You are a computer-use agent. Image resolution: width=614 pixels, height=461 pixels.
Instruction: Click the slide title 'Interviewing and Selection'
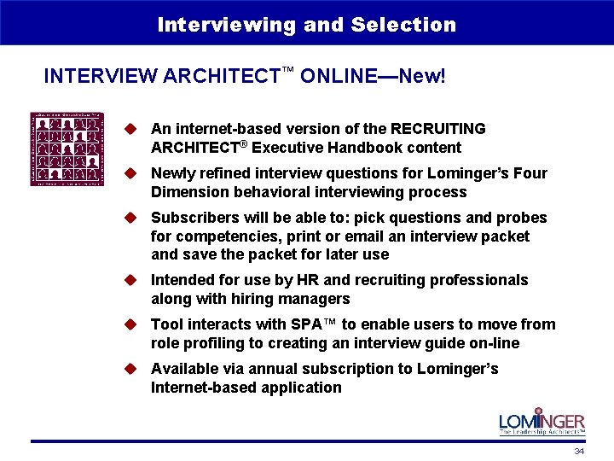(x=307, y=25)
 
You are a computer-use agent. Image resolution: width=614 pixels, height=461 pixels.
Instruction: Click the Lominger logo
(x=542, y=423)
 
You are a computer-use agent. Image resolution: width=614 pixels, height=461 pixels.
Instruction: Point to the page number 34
(x=579, y=452)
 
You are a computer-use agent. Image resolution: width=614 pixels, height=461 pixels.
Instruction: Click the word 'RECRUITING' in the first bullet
(x=437, y=129)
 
